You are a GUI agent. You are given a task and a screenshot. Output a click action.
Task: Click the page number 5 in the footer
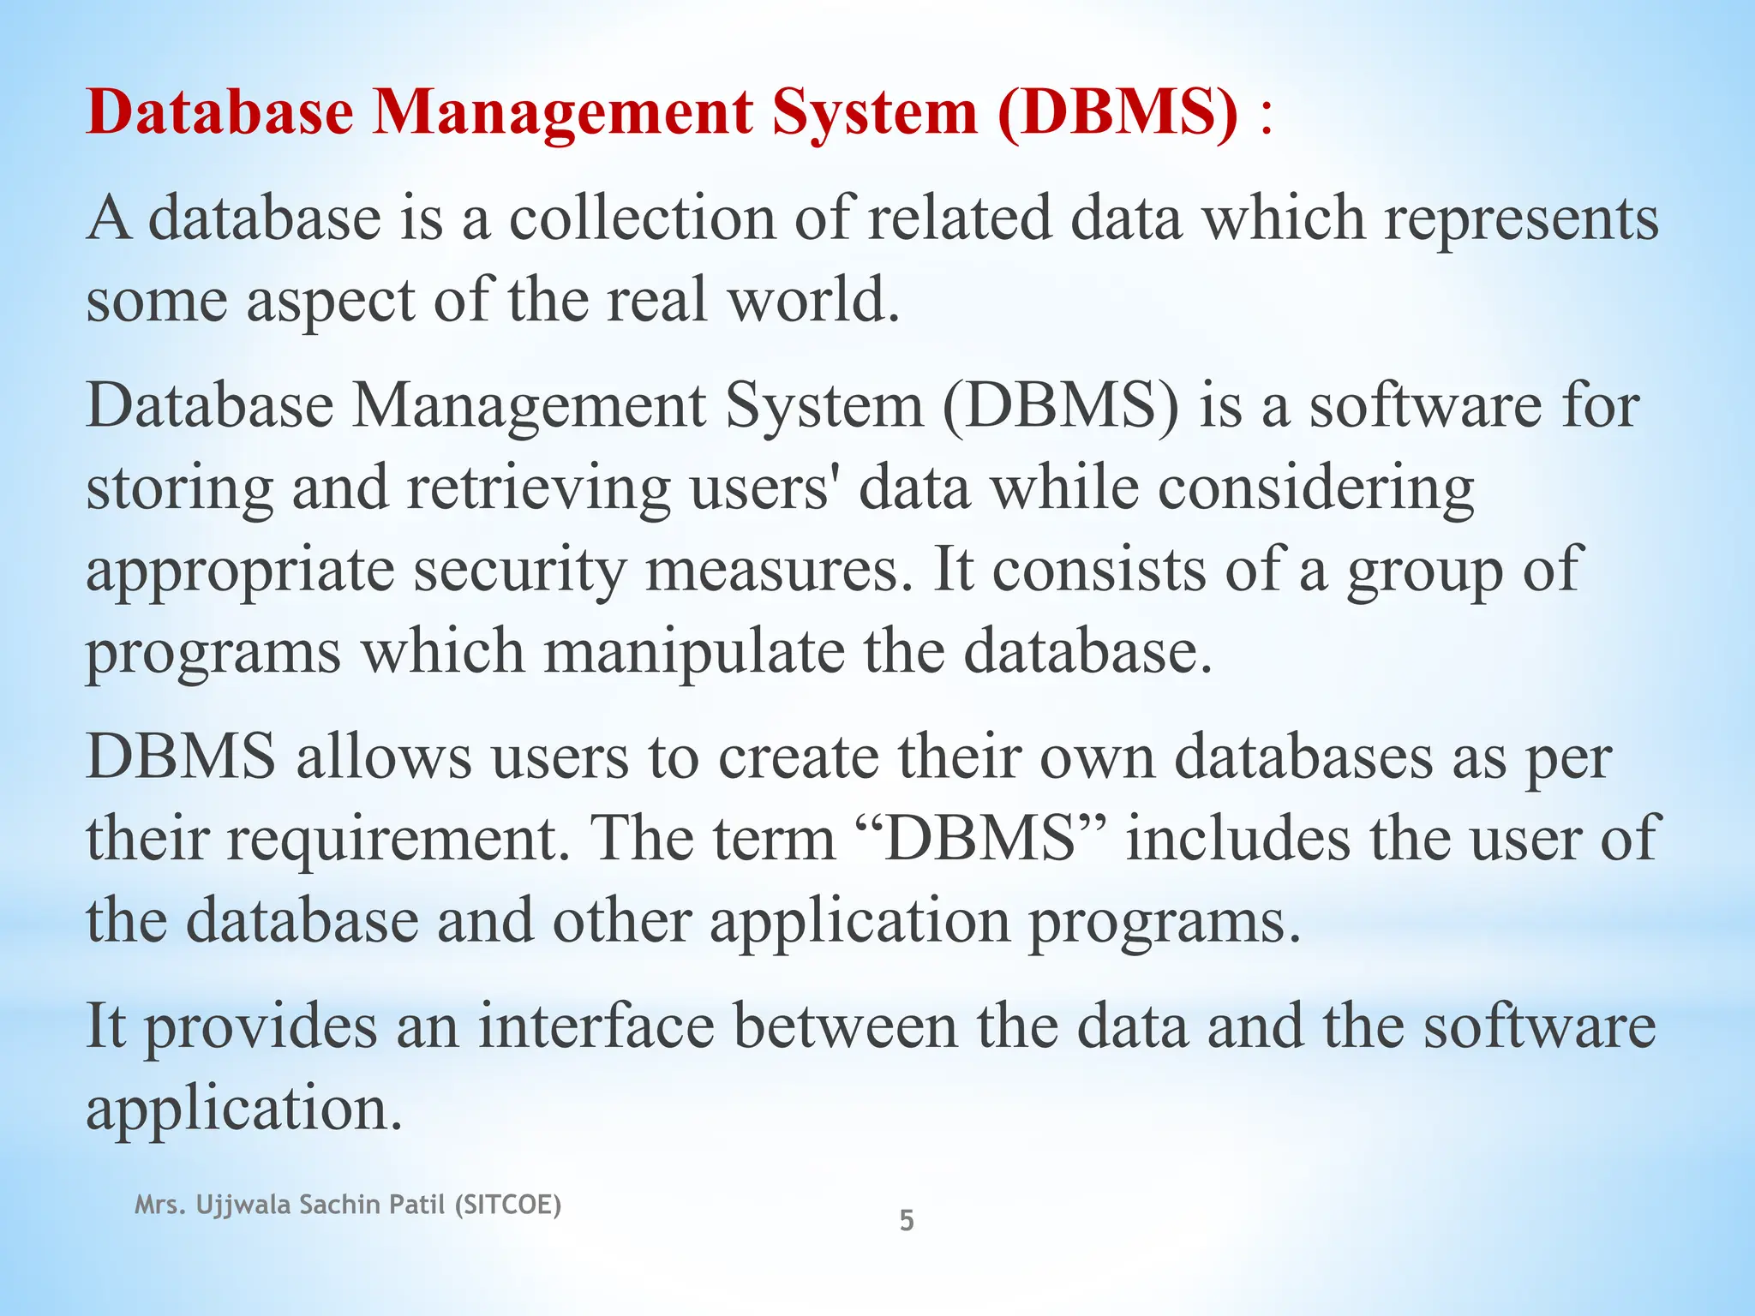click(x=907, y=1220)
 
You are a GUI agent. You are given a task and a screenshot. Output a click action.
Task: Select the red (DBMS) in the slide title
click(x=1118, y=113)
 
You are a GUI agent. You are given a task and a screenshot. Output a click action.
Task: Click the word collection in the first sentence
click(x=642, y=218)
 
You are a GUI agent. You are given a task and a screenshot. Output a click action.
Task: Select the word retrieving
click(x=538, y=488)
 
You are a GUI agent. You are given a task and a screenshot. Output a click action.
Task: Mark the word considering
click(x=1315, y=488)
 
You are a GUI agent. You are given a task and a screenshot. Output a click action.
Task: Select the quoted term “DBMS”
click(x=980, y=838)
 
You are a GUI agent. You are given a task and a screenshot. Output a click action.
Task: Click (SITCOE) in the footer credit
click(x=507, y=1205)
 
